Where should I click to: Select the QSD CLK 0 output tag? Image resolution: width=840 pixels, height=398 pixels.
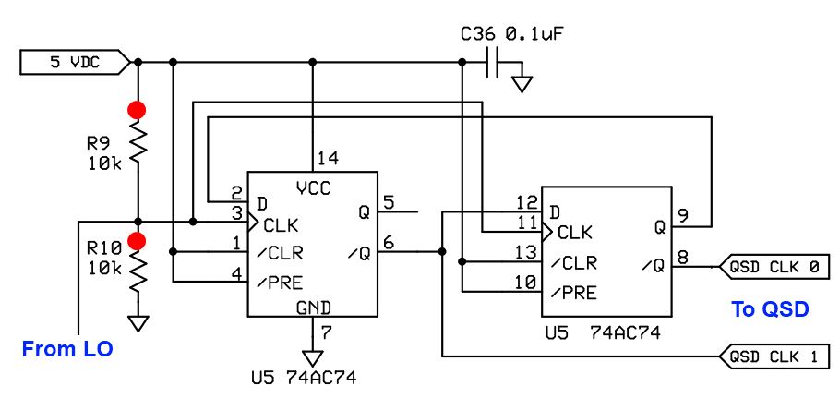[x=774, y=268]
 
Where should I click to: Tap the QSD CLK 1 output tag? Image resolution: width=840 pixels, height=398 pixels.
[x=774, y=355]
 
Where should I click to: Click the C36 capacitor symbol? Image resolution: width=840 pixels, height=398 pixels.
[x=496, y=63]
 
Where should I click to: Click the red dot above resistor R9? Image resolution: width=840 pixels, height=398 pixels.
[x=138, y=110]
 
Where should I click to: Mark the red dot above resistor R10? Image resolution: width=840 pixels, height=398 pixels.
[x=138, y=242]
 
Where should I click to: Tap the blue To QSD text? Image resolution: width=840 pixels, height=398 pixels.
[x=770, y=309]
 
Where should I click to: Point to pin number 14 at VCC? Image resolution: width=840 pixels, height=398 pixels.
[x=326, y=158]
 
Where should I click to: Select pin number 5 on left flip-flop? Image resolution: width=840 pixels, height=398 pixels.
[x=389, y=201]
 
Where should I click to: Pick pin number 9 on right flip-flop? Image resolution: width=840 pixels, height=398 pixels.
[x=684, y=216]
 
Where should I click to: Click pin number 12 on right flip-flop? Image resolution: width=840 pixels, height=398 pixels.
[x=526, y=202]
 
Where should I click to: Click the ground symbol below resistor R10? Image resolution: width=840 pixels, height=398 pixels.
[x=138, y=323]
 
